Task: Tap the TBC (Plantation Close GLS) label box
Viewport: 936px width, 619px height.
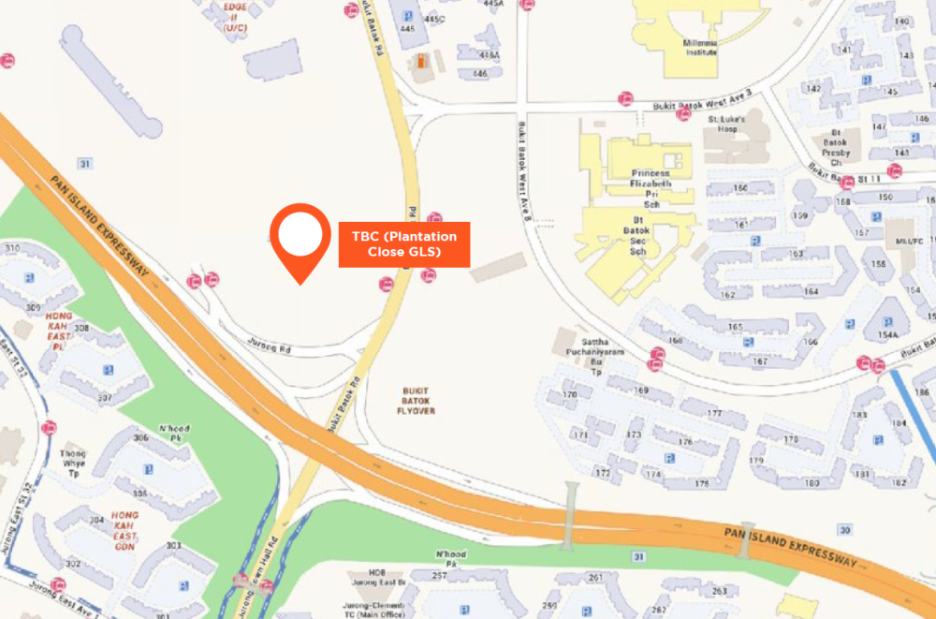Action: (x=403, y=244)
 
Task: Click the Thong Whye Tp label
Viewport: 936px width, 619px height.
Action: (x=74, y=458)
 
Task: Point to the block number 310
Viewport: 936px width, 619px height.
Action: (x=12, y=248)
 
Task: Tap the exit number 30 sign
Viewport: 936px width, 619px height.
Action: (x=845, y=530)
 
